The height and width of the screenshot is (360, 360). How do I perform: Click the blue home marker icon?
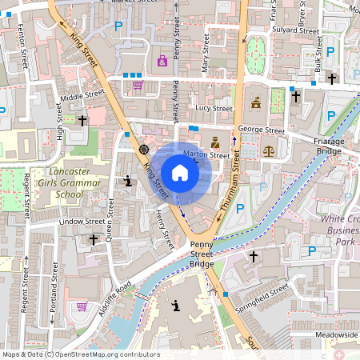pos(180,173)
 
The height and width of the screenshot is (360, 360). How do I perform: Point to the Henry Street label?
pos(164,229)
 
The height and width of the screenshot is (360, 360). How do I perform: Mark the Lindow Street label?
pos(82,221)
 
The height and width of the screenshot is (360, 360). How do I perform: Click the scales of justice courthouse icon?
pos(268,149)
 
